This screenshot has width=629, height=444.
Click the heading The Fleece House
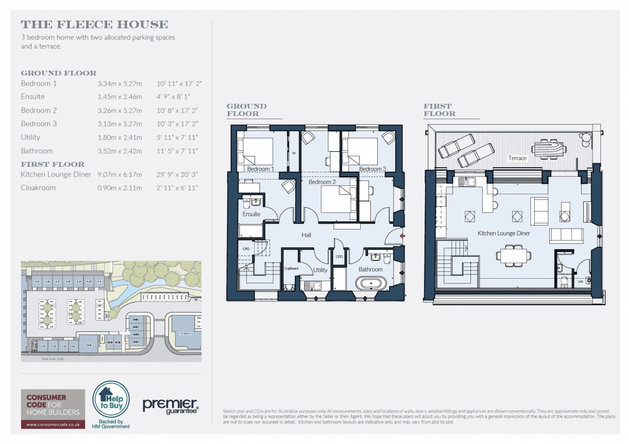(x=94, y=25)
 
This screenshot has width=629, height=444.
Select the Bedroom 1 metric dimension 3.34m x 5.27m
(x=120, y=83)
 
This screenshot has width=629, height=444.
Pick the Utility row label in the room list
(x=30, y=137)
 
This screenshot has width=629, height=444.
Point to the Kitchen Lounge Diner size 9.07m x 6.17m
(x=120, y=174)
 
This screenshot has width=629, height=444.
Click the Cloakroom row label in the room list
(x=38, y=187)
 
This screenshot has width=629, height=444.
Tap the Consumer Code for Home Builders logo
(x=53, y=408)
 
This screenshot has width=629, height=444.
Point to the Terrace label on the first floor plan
(x=517, y=158)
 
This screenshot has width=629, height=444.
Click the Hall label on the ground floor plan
(x=307, y=235)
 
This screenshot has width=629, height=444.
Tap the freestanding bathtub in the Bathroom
(x=372, y=284)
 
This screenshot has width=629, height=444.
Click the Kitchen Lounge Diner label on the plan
(x=504, y=234)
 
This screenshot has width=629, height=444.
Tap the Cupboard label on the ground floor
(x=291, y=268)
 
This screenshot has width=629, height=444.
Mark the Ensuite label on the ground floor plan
(x=252, y=214)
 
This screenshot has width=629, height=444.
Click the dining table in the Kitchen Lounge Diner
(x=513, y=255)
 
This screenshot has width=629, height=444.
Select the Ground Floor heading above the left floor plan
(x=247, y=109)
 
